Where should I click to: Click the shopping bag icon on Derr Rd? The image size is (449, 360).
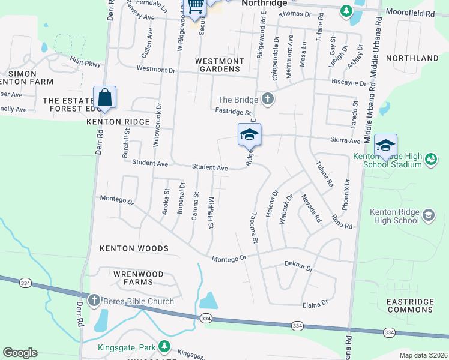click(x=104, y=97)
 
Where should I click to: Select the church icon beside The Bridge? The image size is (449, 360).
click(x=268, y=100)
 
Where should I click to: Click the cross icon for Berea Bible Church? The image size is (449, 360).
click(x=94, y=301)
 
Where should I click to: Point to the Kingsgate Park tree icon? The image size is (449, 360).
click(x=163, y=347)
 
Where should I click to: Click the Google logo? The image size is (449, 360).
click(x=20, y=353)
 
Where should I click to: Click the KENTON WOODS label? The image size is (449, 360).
click(x=134, y=248)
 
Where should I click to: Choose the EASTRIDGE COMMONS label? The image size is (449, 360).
click(x=410, y=305)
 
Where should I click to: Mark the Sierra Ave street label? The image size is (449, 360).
click(x=345, y=141)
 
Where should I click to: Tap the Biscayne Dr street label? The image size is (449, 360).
click(x=348, y=83)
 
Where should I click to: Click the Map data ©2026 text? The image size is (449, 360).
click(x=423, y=355)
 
